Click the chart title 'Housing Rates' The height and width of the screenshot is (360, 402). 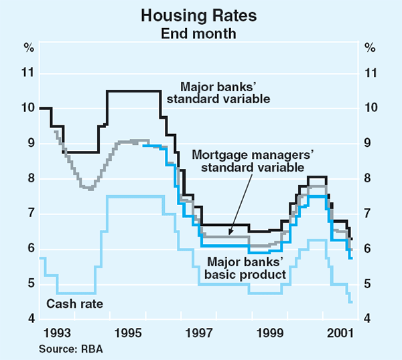(200, 12)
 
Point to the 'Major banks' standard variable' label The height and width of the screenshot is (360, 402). (225, 93)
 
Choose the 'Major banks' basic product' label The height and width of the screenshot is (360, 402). (247, 268)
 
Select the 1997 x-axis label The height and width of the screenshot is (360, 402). (199, 333)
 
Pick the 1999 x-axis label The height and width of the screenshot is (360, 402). (271, 333)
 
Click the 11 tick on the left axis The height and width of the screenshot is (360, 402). (28, 72)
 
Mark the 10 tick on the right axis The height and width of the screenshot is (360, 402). (371, 108)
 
